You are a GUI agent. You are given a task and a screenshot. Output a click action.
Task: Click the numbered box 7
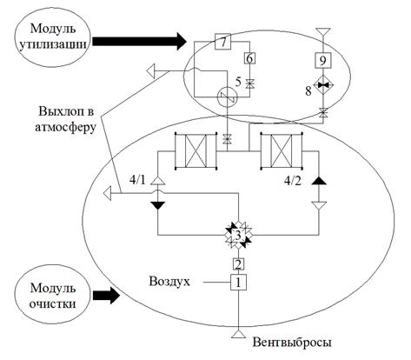pyautogui.click(x=222, y=42)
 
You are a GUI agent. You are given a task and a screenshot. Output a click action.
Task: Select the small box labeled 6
pyautogui.click(x=249, y=58)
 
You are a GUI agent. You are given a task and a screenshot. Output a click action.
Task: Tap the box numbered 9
pyautogui.click(x=322, y=61)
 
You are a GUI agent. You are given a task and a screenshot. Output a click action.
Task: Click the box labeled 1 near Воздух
pyautogui.click(x=238, y=282)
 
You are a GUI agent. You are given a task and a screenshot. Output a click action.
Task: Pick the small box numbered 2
pyautogui.click(x=238, y=264)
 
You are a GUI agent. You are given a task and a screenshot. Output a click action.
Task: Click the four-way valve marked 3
pyautogui.click(x=238, y=235)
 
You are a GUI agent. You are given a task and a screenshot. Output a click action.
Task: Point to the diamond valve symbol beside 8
pyautogui.click(x=322, y=84)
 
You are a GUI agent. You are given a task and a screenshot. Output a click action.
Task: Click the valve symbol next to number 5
pyautogui.click(x=249, y=83)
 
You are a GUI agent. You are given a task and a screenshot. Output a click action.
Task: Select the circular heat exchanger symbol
pyautogui.click(x=227, y=97)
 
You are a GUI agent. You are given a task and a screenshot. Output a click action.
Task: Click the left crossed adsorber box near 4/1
pyautogui.click(x=196, y=150)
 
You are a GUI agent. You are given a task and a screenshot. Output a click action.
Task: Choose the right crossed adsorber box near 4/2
pyautogui.click(x=281, y=150)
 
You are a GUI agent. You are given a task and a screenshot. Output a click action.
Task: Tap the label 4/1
pyautogui.click(x=138, y=180)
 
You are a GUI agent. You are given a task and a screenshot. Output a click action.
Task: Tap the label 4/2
pyautogui.click(x=293, y=181)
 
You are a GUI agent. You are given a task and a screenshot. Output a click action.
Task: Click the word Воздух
pyautogui.click(x=169, y=281)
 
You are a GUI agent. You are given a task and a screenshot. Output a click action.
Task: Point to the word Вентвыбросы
pyautogui.click(x=292, y=343)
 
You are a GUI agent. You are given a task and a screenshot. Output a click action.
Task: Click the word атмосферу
pyautogui.click(x=65, y=128)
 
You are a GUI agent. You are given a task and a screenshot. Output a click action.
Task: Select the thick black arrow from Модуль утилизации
pyautogui.click(x=140, y=42)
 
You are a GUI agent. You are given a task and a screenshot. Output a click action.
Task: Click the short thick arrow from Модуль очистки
pyautogui.click(x=106, y=296)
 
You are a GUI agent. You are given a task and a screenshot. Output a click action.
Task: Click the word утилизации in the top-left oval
pyautogui.click(x=53, y=45)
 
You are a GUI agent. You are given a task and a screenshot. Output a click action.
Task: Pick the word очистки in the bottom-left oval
pyautogui.click(x=53, y=303)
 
